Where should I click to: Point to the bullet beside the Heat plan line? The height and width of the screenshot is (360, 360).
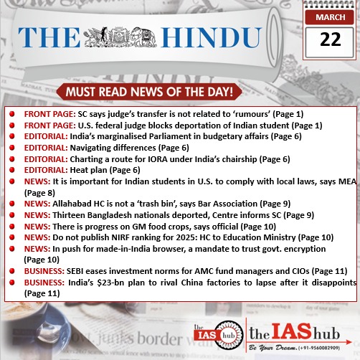(x=13, y=170)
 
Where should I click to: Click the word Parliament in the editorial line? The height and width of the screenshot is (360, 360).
(x=153, y=136)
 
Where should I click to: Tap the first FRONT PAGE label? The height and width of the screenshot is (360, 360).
(x=46, y=114)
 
